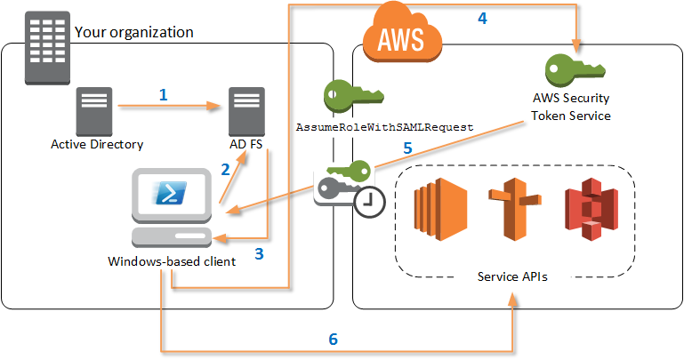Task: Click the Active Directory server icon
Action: [96, 108]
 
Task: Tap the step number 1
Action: [162, 93]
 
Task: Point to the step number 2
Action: [226, 169]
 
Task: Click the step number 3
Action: [259, 253]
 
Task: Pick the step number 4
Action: [481, 19]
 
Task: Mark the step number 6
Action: [333, 339]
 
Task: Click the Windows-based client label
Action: [172, 261]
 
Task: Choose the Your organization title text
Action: [134, 32]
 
